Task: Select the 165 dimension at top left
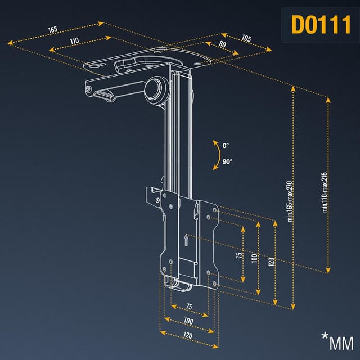coord(53,30)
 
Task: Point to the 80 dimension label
coord(223,44)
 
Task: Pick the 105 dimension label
coord(246,39)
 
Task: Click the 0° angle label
coord(226,146)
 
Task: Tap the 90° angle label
coord(227,161)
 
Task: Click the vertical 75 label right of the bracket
coord(240,255)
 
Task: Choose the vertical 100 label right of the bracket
coord(255,258)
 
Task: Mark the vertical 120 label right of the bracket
coord(272,262)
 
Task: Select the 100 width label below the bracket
coord(188,321)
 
